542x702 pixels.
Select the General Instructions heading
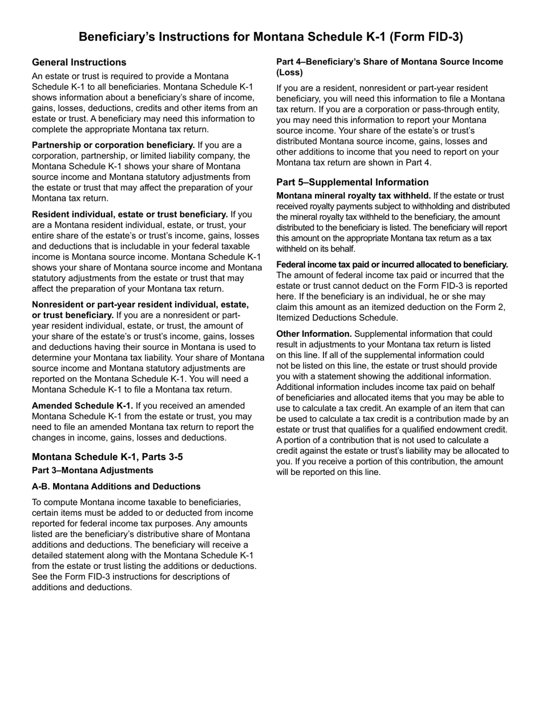click(79, 62)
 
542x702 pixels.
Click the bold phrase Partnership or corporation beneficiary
click(113, 145)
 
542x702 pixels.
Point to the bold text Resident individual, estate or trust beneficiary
click(130, 215)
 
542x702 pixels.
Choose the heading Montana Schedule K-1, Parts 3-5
click(107, 457)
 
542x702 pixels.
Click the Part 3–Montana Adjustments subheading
click(92, 470)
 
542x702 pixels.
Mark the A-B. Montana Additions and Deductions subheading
click(116, 486)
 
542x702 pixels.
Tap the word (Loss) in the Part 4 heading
click(290, 72)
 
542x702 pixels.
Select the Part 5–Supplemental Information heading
click(353, 182)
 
